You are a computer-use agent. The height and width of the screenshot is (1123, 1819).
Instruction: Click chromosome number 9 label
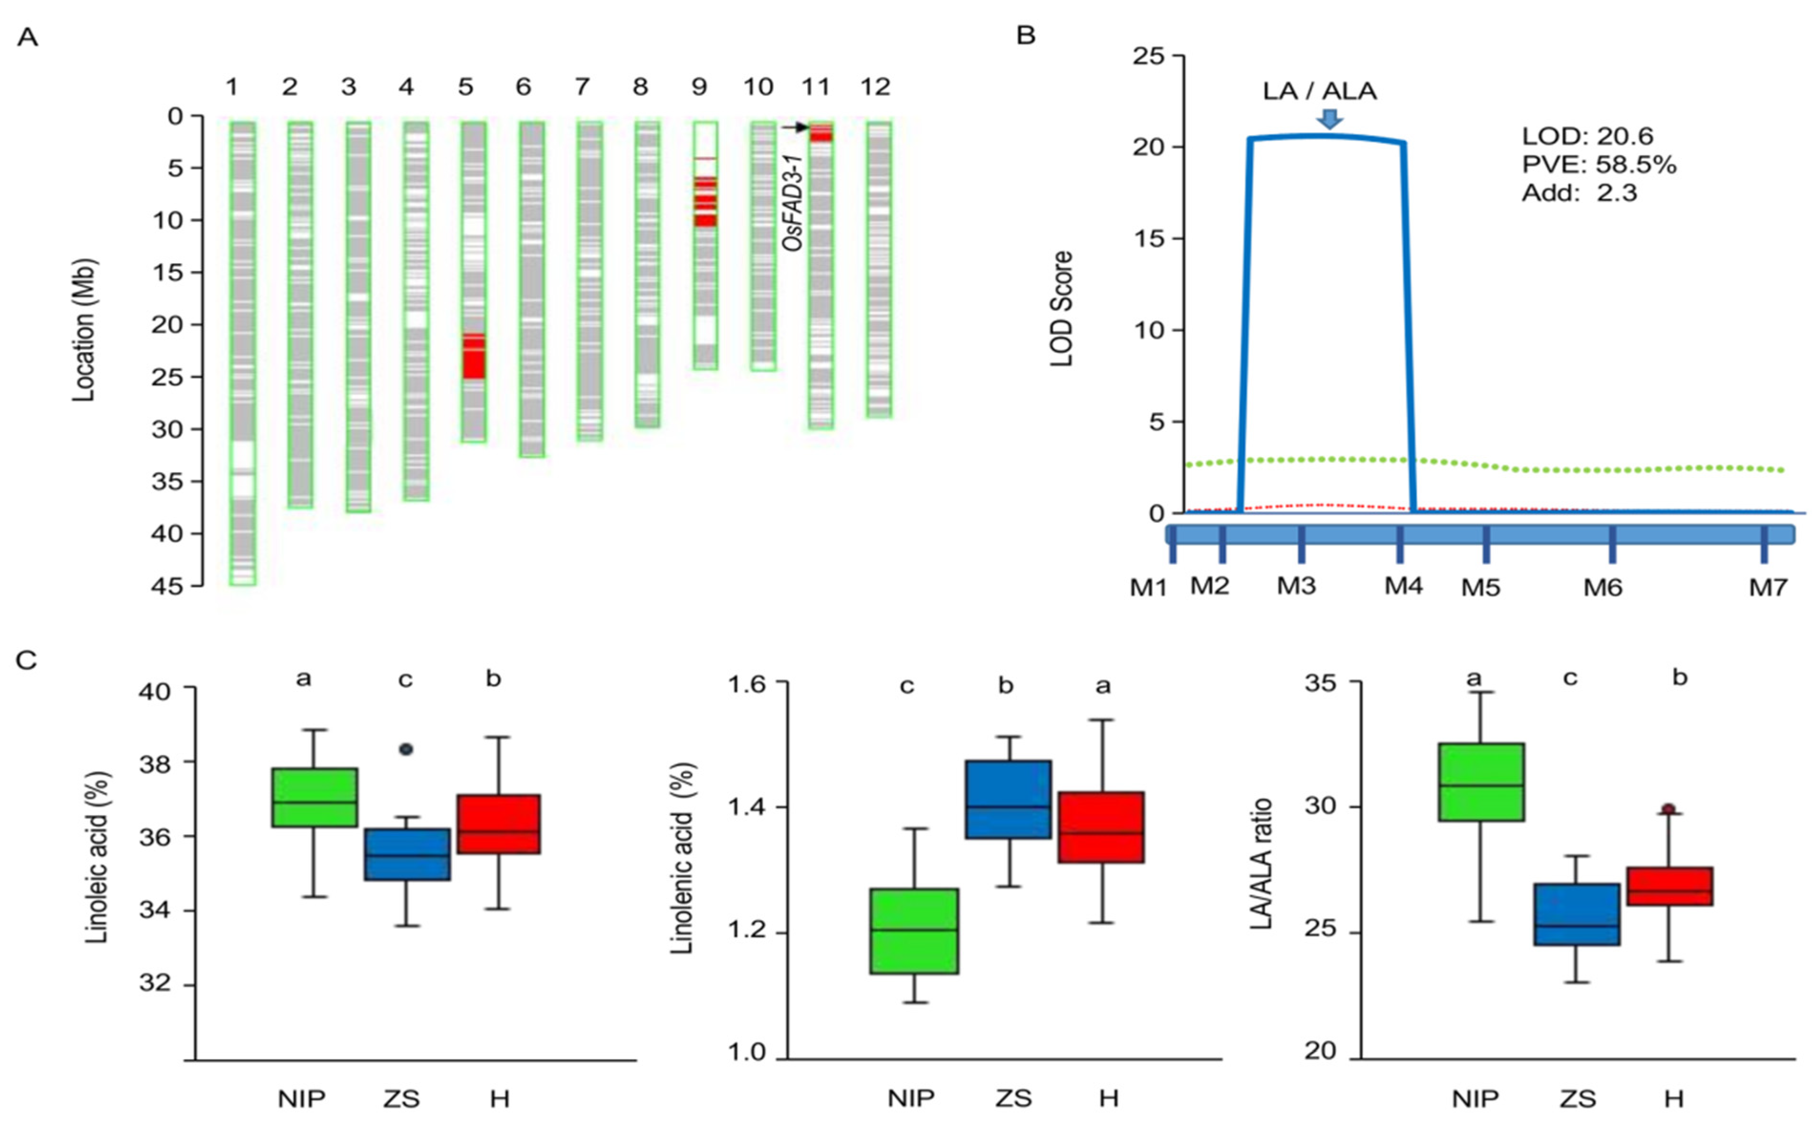(x=699, y=88)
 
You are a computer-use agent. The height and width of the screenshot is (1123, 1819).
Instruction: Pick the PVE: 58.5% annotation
(x=1598, y=164)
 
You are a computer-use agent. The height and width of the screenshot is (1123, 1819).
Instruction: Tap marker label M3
(x=1296, y=586)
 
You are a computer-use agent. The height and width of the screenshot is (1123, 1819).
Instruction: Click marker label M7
(x=1768, y=587)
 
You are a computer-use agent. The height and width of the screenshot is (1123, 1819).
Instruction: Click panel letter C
(x=27, y=659)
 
